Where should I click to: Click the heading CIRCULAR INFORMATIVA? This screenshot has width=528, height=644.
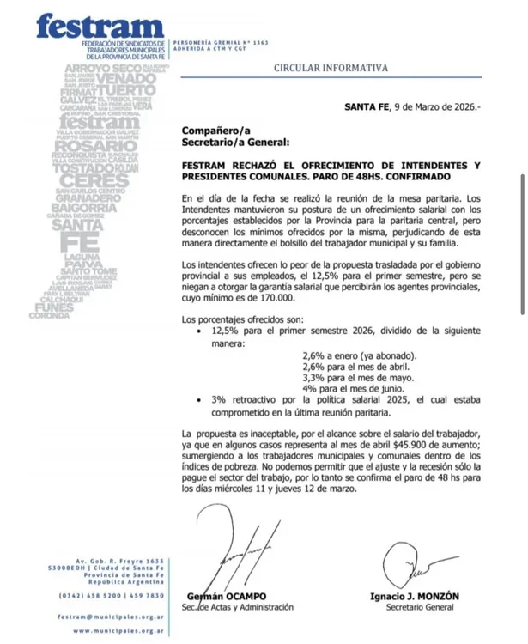[331, 67]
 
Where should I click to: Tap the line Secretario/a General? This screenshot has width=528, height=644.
[235, 142]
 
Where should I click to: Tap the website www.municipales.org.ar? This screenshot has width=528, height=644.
[119, 630]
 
